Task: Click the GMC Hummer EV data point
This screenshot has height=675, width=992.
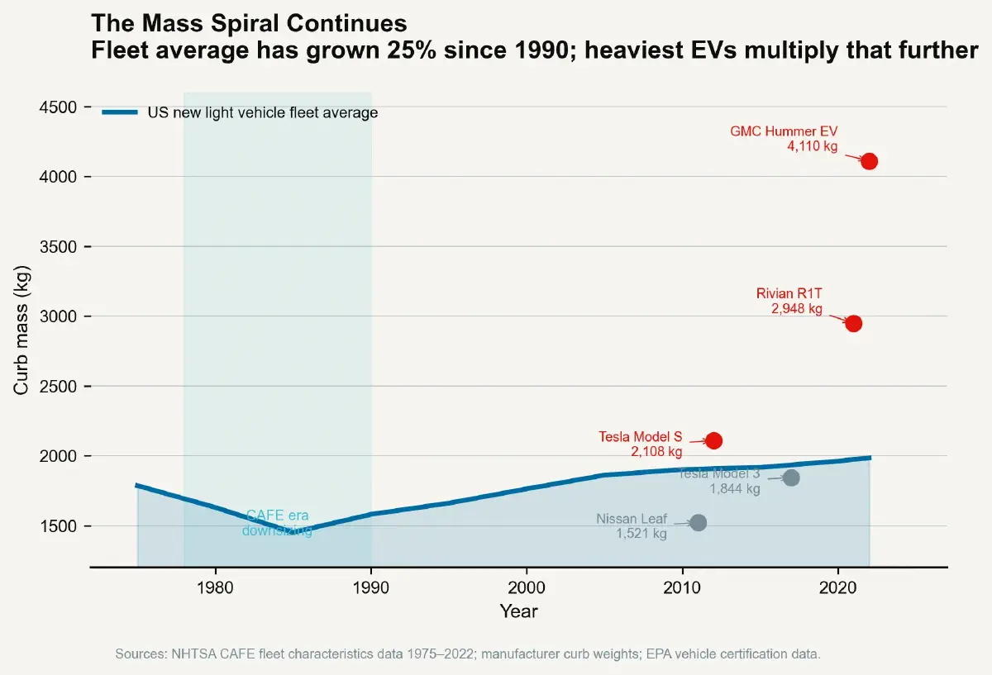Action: (x=869, y=161)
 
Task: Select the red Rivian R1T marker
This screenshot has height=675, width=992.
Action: (x=853, y=323)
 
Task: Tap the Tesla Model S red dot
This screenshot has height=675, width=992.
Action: (x=713, y=441)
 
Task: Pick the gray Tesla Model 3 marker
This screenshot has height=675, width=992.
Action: (x=791, y=478)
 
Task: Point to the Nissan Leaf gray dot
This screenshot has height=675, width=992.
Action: (x=698, y=522)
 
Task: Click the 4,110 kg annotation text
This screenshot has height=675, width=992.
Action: (x=812, y=146)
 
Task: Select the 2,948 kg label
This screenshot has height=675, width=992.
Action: (x=797, y=309)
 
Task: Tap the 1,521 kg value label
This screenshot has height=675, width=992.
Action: (x=641, y=535)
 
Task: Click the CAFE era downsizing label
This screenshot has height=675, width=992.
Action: (x=277, y=523)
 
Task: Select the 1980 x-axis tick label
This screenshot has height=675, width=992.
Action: (x=215, y=587)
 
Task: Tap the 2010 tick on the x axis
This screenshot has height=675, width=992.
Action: (x=682, y=587)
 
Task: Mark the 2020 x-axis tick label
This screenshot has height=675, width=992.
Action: (x=837, y=587)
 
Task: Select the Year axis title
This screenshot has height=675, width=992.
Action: (x=518, y=611)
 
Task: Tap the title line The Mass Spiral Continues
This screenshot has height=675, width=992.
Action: (x=249, y=23)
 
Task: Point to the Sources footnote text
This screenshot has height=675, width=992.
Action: (x=467, y=654)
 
